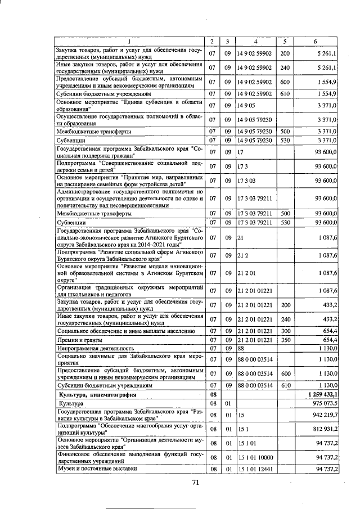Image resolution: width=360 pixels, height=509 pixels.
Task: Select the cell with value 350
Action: [285, 340]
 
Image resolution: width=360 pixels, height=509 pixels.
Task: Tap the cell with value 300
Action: [285, 331]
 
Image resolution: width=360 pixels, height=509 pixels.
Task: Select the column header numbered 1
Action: [129, 42]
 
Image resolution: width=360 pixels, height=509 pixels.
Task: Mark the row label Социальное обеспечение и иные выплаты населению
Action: [126, 331]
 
